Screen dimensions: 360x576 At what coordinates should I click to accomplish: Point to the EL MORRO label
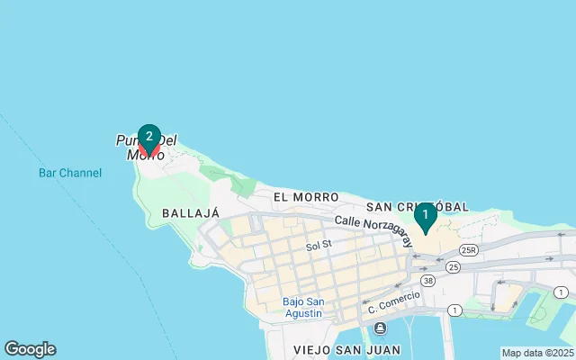pos(306,197)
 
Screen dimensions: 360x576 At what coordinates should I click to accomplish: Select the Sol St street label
pos(319,245)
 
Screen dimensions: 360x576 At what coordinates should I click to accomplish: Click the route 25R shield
pos(468,249)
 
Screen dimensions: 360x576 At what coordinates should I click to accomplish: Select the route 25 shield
pos(453,266)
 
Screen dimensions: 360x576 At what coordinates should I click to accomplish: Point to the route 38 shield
pos(427,280)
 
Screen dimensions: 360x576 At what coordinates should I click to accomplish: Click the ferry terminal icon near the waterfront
pos(381,328)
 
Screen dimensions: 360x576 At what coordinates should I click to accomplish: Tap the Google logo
pos(30,349)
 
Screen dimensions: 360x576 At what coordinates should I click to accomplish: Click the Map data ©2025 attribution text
pos(537,353)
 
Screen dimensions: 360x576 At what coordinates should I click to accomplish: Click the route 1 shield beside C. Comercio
pos(454,310)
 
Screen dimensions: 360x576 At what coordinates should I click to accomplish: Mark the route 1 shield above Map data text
pos(561,292)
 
